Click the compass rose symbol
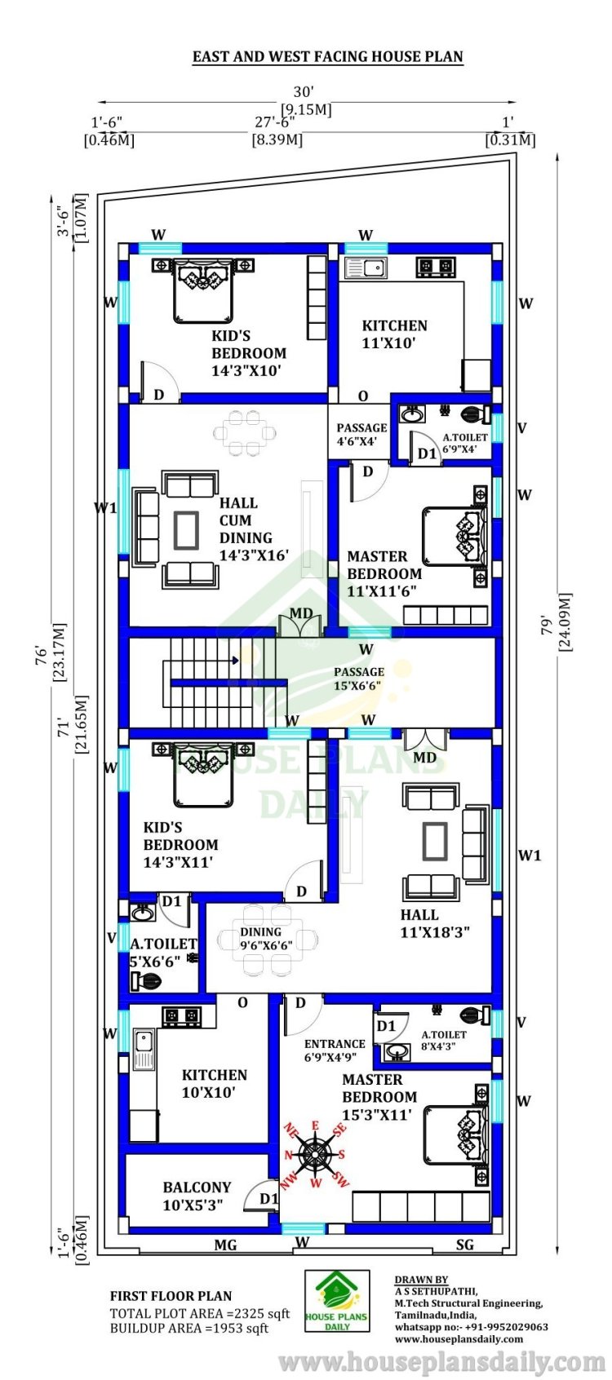tap(315, 1154)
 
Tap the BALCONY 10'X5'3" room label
tap(197, 1196)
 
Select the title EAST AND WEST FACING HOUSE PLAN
tap(327, 56)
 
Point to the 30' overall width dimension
tap(304, 92)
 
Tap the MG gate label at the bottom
tap(225, 1245)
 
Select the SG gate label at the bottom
tap(464, 1245)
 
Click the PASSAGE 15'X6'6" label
tap(359, 679)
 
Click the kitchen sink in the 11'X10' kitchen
tap(365, 268)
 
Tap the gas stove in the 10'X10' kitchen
tap(181, 1015)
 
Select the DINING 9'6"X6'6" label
tap(266, 938)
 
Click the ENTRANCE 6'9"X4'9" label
tap(335, 1050)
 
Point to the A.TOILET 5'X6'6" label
tap(162, 952)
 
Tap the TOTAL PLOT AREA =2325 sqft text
tap(200, 1313)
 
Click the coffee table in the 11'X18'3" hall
tap(434, 840)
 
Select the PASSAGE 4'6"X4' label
tap(361, 435)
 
